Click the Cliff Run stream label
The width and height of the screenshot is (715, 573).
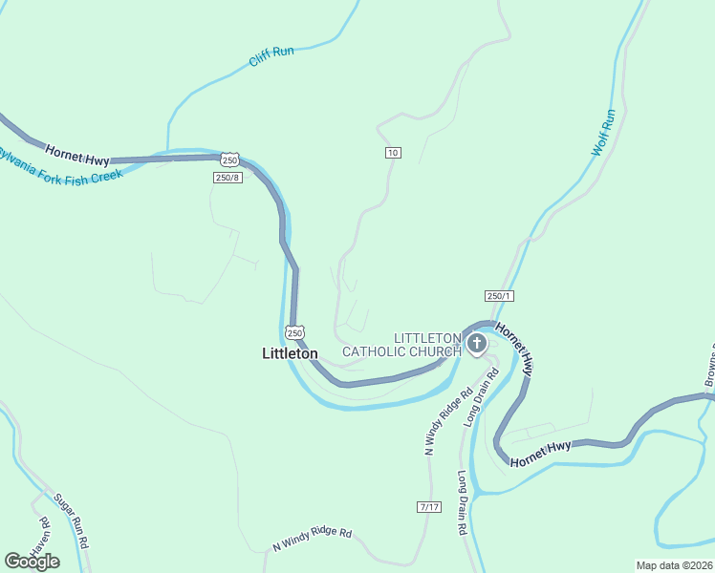tap(271, 56)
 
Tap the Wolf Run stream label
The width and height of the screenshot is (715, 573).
tap(603, 133)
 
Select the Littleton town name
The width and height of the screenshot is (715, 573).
tap(290, 353)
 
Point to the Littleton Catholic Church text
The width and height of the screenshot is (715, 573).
tap(402, 345)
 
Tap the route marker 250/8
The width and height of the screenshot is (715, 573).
tap(228, 177)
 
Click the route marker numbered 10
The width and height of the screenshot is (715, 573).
tap(393, 153)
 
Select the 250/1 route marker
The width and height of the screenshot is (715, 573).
tap(499, 296)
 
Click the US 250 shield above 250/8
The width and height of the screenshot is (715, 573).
tap(227, 159)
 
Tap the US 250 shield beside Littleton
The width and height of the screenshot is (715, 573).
tap(294, 332)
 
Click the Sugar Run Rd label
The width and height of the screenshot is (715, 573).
tap(72, 520)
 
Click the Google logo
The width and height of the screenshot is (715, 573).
tap(32, 562)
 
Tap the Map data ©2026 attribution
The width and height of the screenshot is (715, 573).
tap(674, 565)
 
